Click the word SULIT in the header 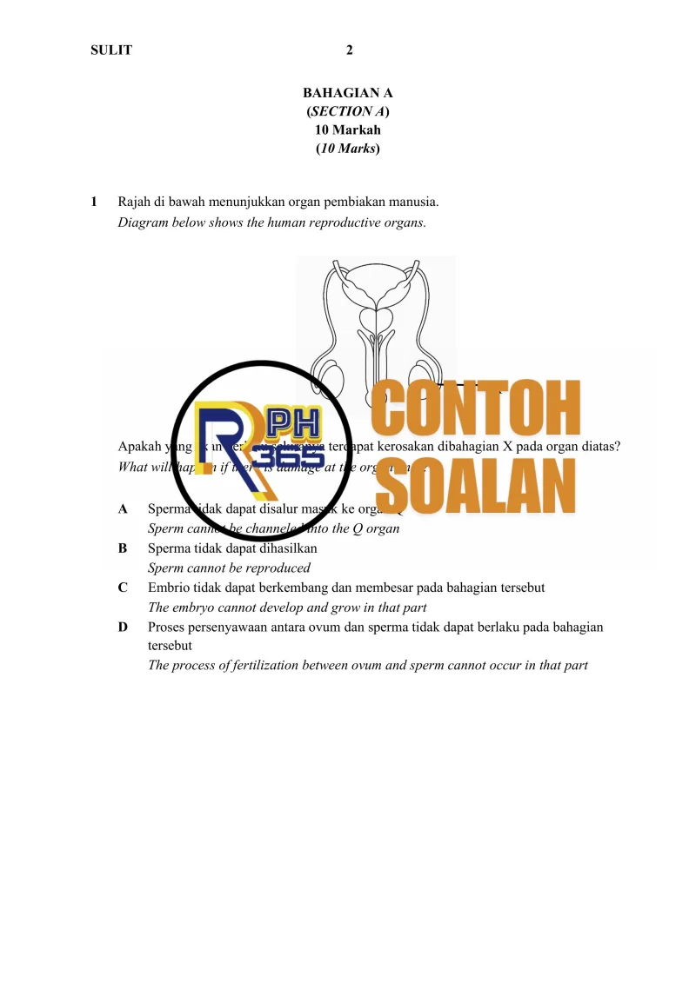(111, 50)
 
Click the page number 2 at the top (349, 50)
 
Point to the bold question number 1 (94, 203)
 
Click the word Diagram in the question (143, 222)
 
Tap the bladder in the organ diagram (376, 288)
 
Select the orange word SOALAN (480, 488)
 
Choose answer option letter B (123, 548)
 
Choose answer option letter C (123, 588)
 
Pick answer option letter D (123, 627)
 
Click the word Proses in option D (167, 627)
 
